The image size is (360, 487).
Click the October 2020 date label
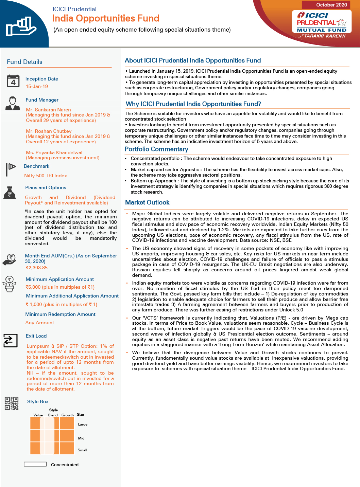coord(331,5)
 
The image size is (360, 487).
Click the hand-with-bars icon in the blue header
coord(21,27)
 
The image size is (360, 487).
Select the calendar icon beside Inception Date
coord(13,81)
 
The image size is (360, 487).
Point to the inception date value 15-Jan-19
coord(37,86)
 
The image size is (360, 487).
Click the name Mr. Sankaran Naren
coord(48,110)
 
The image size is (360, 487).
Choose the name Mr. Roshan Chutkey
coord(49,131)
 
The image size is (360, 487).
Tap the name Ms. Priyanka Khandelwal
coord(54,152)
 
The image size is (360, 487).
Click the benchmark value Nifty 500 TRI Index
coord(46,176)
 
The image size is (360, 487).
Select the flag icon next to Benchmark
coord(11,169)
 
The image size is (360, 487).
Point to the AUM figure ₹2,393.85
coord(37,268)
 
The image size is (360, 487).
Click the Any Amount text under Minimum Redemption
coord(39,323)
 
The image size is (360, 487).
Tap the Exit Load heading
coord(36,336)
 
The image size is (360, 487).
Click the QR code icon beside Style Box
coord(12,403)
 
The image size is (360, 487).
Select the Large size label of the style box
coord(83,424)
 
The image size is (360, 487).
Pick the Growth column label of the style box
coord(67,415)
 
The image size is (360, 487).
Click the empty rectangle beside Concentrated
coord(35,464)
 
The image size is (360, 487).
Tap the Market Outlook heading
coord(147,202)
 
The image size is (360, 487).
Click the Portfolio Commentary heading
coord(156,149)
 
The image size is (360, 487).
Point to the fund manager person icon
coord(13,103)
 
